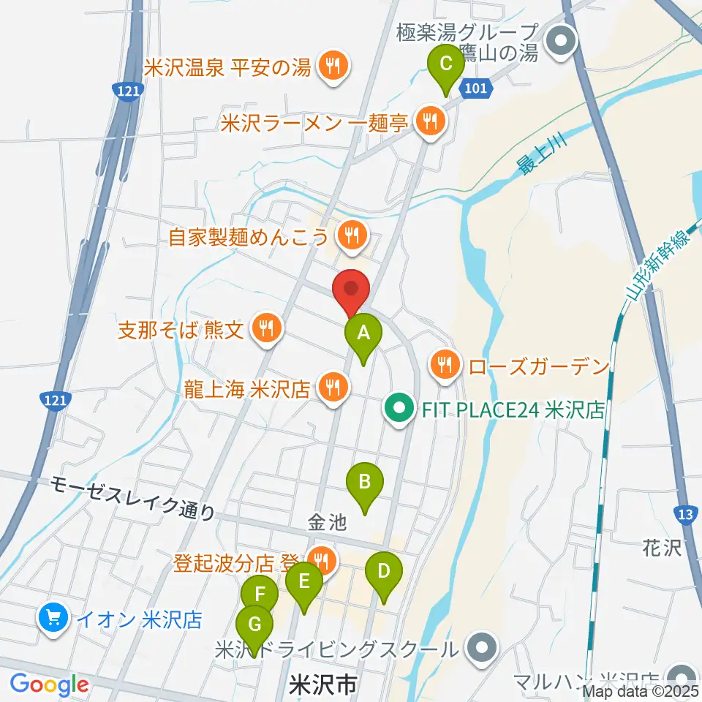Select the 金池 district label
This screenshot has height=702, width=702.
(325, 523)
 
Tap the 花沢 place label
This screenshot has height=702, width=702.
(663, 548)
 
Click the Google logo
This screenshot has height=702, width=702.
(49, 684)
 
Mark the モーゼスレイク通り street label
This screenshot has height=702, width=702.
(133, 498)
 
